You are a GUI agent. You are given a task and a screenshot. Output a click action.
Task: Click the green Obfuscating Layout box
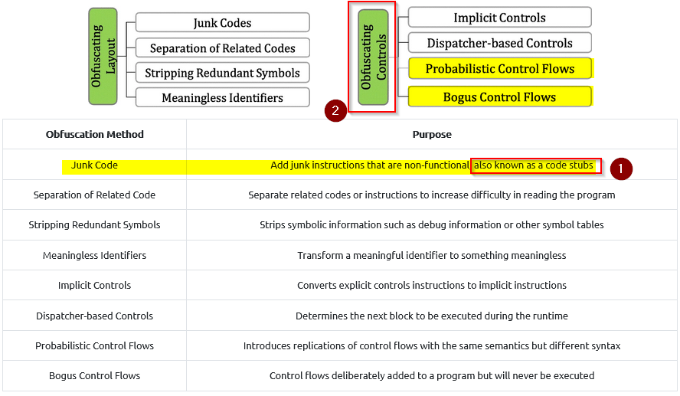point(103,57)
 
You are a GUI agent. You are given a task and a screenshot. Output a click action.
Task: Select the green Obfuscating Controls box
point(373,57)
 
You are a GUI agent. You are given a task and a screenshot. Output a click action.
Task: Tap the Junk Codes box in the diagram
point(223,22)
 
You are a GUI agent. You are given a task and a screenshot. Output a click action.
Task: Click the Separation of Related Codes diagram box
point(223,47)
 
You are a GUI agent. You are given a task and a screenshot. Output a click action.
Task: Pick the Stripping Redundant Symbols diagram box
point(223,73)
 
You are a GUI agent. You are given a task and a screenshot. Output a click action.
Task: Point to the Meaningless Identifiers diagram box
point(223,97)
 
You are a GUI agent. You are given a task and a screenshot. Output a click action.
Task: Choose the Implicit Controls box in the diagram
point(499,18)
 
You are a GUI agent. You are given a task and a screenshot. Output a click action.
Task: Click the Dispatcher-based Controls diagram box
point(499,42)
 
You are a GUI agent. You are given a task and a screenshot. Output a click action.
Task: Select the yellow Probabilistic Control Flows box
point(500,68)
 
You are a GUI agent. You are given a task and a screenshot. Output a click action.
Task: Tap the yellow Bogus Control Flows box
point(500,97)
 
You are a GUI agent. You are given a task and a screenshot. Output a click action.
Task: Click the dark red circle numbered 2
point(335,110)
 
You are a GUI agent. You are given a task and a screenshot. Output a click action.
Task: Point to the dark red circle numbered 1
point(621,169)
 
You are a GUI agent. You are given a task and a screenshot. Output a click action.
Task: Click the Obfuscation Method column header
point(94,135)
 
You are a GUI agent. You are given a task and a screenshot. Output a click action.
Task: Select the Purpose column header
point(432,135)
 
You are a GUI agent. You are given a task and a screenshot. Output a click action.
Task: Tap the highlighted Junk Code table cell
point(94,165)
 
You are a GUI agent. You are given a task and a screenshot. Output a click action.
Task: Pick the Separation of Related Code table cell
point(94,195)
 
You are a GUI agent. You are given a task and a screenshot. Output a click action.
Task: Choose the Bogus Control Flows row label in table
point(94,375)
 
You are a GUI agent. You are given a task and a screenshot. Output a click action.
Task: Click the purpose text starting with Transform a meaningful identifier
point(432,256)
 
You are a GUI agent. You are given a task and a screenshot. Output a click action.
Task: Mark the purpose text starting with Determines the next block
point(432,316)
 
